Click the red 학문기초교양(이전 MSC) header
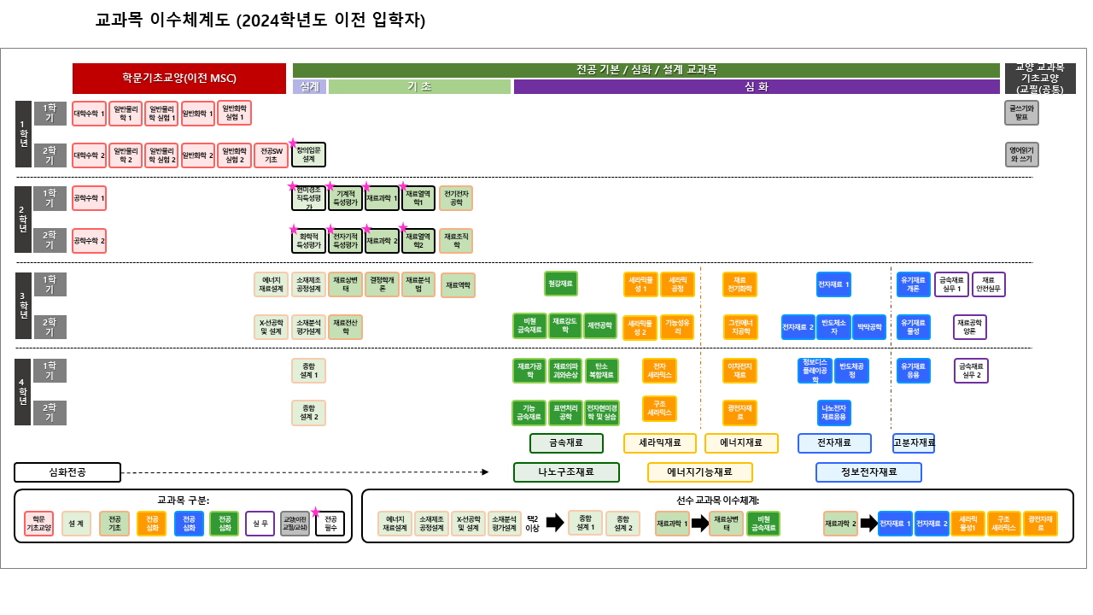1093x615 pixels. point(179,79)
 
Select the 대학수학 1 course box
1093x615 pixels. point(90,113)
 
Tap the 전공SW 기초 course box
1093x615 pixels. point(271,155)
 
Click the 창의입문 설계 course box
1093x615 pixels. point(308,155)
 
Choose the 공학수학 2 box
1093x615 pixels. point(90,241)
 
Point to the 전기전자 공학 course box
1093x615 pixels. point(456,198)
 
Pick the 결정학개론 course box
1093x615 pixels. point(382,284)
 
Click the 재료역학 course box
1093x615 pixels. point(458,285)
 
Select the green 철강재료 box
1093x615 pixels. point(561,284)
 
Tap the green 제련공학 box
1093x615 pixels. point(600,326)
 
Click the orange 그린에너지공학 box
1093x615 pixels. point(739,326)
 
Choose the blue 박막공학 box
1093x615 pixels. point(869,326)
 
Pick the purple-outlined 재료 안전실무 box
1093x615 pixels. point(989,284)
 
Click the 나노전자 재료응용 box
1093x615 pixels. point(833,413)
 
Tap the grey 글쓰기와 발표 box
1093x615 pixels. point(1021,113)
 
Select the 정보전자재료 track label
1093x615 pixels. point(868,472)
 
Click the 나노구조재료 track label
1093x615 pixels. point(566,472)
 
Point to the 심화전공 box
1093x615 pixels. point(67,472)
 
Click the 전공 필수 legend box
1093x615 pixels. point(330,524)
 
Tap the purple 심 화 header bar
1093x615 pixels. point(757,86)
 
